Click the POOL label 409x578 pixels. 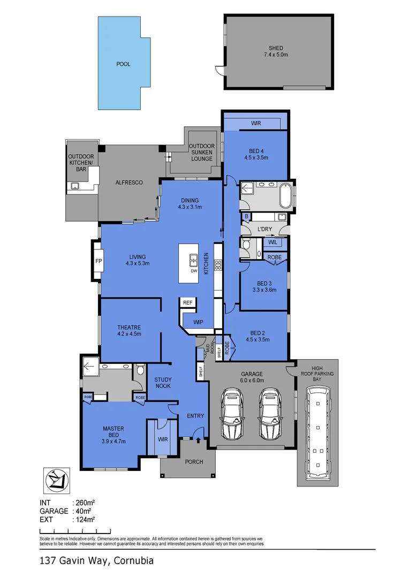click(x=124, y=64)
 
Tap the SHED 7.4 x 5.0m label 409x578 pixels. click(x=276, y=51)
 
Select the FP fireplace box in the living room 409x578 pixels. click(x=99, y=261)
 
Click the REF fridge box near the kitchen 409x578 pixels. click(x=187, y=303)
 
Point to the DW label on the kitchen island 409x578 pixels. click(x=194, y=271)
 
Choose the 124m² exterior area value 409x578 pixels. click(x=85, y=519)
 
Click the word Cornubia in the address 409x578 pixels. click(x=134, y=561)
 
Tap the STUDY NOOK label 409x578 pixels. click(x=162, y=383)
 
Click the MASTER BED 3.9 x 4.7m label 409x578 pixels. click(x=113, y=435)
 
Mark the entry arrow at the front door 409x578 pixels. click(x=199, y=439)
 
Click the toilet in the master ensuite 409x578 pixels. click(x=140, y=369)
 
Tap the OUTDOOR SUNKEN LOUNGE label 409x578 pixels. click(x=201, y=152)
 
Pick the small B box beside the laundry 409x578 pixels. click(x=246, y=217)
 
